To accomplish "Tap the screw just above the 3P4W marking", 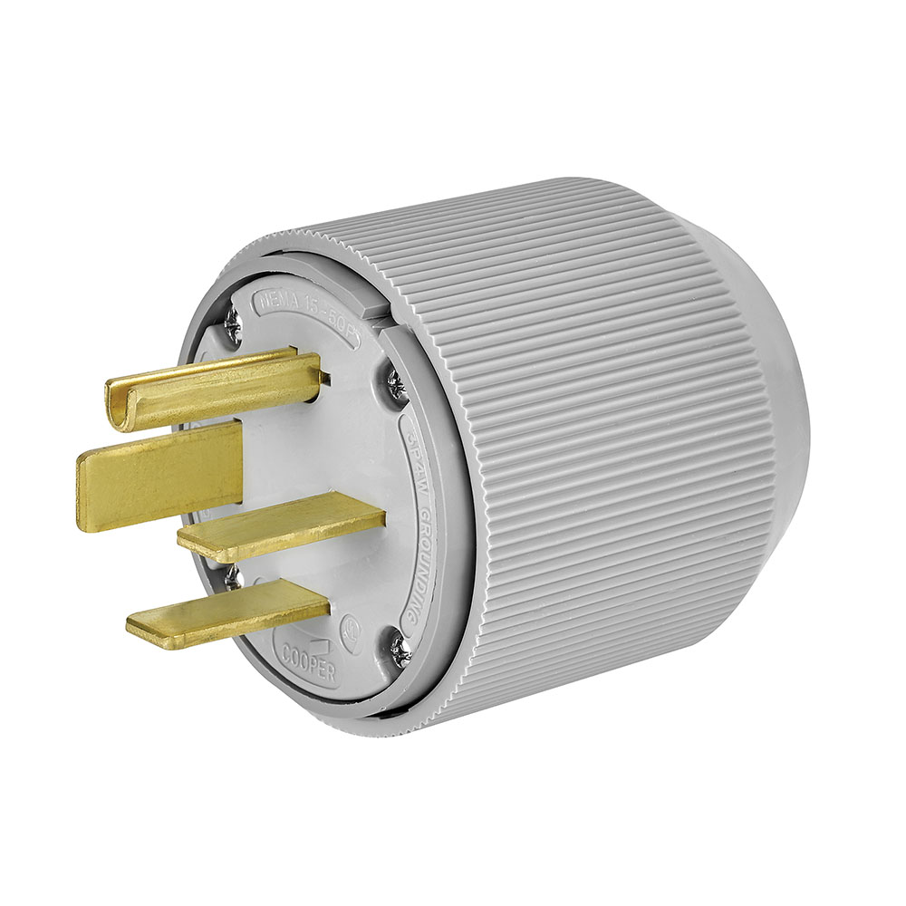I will point(396,385).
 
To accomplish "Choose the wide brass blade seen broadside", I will point(159,475).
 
